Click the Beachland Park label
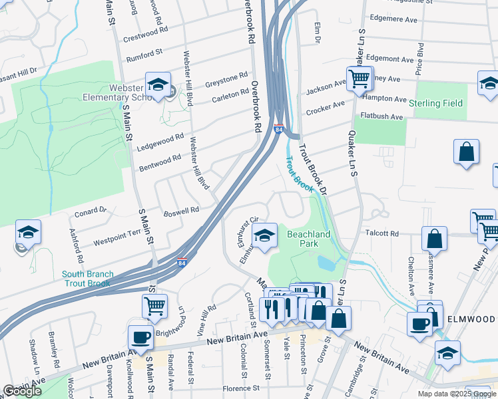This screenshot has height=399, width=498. coord(308,239)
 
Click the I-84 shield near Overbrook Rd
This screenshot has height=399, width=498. coord(278,128)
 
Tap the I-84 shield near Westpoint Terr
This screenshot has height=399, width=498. coord(182,263)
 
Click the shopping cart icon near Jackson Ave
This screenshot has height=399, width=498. coord(359,79)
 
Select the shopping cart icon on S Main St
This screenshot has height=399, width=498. coord(154,306)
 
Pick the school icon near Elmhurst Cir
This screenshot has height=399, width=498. coord(264,235)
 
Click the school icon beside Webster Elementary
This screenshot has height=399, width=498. coord(158,84)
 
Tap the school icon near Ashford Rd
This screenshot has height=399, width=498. coord(29,232)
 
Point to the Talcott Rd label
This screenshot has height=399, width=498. coord(381,233)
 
